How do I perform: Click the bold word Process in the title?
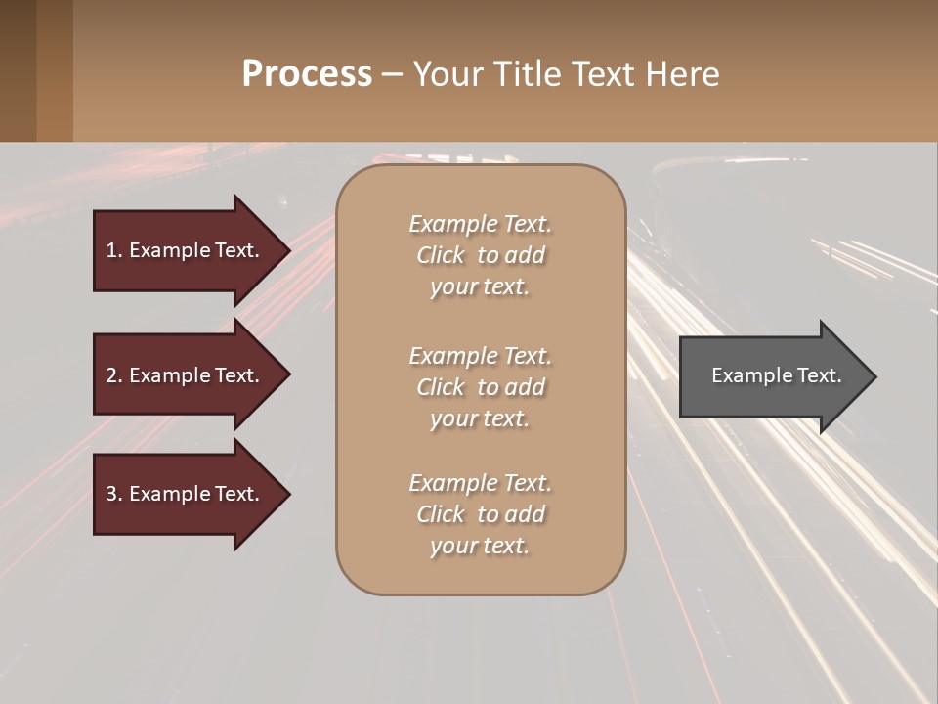click(x=307, y=74)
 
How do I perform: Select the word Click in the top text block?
click(x=441, y=255)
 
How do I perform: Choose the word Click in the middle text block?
click(x=441, y=387)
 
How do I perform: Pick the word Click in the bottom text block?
click(x=441, y=514)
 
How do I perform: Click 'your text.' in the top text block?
click(x=480, y=287)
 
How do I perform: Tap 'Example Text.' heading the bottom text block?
click(x=480, y=483)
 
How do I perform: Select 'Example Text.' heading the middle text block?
click(x=480, y=356)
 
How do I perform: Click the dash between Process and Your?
click(x=393, y=74)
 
